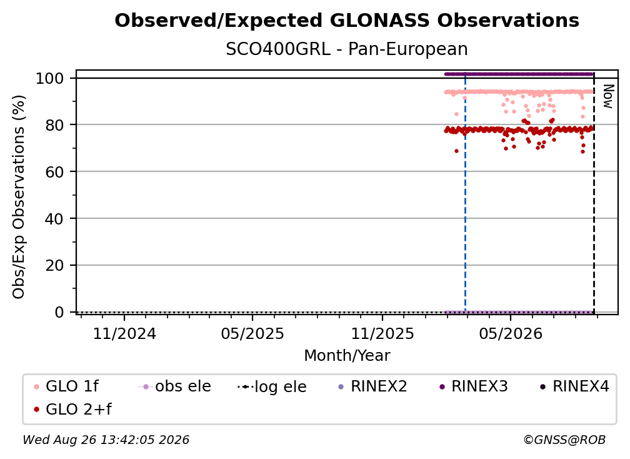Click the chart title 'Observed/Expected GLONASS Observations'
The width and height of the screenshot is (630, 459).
pyautogui.click(x=347, y=21)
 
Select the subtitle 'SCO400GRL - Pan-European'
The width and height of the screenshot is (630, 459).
pyautogui.click(x=347, y=49)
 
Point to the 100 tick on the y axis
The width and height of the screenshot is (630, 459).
pyautogui.click(x=50, y=78)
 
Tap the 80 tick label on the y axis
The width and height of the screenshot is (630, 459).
pyautogui.click(x=54, y=125)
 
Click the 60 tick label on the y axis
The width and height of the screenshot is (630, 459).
pyautogui.click(x=54, y=172)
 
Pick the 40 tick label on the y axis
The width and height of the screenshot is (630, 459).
pyautogui.click(x=54, y=219)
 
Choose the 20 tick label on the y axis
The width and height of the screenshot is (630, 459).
pyautogui.click(x=54, y=266)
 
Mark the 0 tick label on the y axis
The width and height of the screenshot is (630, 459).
pyautogui.click(x=59, y=312)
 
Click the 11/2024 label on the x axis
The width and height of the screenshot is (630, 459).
pyautogui.click(x=124, y=334)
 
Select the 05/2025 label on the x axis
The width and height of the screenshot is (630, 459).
pyautogui.click(x=252, y=334)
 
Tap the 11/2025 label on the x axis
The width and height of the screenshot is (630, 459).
pyautogui.click(x=382, y=334)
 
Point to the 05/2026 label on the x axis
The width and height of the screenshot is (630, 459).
pyautogui.click(x=511, y=334)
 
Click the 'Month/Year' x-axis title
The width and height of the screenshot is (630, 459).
pyautogui.click(x=347, y=356)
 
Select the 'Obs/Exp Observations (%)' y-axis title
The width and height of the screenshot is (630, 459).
pyautogui.click(x=19, y=197)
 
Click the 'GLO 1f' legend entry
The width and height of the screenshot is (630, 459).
pyautogui.click(x=66, y=386)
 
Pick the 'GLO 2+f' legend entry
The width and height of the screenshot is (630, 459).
pyautogui.click(x=72, y=410)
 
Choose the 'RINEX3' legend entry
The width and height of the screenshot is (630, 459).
pyautogui.click(x=474, y=386)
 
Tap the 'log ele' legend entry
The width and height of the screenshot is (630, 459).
pyautogui.click(x=272, y=386)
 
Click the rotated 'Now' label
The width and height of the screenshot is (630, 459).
pyautogui.click(x=608, y=96)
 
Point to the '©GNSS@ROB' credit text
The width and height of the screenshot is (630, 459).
pyautogui.click(x=564, y=440)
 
